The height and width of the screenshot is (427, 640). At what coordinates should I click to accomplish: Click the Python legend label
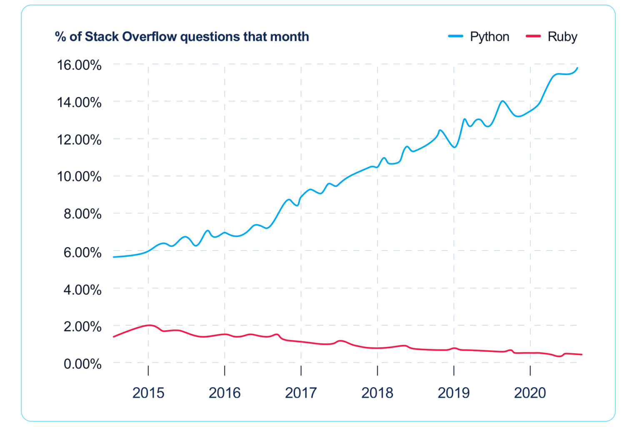tap(489, 37)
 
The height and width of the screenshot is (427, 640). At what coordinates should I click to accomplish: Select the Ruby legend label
tap(562, 37)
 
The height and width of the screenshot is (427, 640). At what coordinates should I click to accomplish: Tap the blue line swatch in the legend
tap(455, 36)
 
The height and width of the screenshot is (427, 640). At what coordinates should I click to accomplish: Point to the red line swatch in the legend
tap(533, 36)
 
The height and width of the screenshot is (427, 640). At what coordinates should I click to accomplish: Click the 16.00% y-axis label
tap(79, 65)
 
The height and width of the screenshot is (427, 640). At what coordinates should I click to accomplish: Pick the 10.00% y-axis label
tap(79, 176)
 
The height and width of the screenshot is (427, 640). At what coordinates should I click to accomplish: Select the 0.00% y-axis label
tap(82, 364)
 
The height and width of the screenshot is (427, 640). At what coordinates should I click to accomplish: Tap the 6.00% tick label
tap(82, 252)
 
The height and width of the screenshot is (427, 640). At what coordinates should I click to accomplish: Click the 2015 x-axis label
tap(148, 393)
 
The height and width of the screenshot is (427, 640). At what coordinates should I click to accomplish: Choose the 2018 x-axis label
tap(377, 393)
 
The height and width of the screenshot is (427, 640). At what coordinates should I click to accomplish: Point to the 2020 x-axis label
tap(530, 393)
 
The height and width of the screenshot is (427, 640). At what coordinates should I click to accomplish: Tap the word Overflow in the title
tap(149, 37)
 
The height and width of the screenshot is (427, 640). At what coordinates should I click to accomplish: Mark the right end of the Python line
tap(577, 68)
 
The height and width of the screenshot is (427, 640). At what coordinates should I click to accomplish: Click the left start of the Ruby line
tap(114, 337)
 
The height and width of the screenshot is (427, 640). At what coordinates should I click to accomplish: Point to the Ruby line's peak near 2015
tap(149, 325)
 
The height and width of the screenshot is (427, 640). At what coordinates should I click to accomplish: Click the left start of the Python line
tap(114, 257)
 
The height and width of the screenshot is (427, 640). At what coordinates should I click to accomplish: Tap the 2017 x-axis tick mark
tap(301, 370)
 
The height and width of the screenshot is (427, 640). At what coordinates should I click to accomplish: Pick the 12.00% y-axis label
tap(79, 140)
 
